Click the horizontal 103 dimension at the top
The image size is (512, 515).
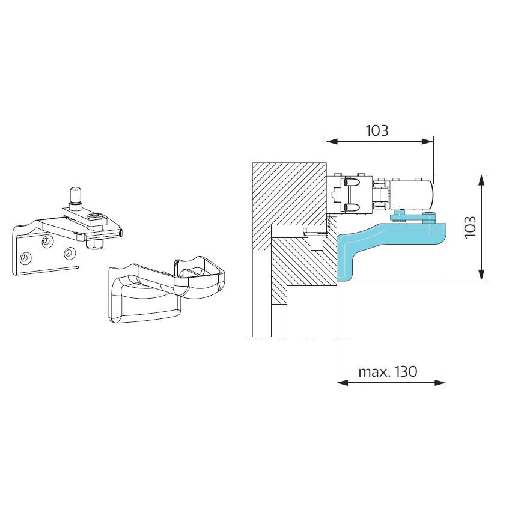pyautogui.click(x=377, y=130)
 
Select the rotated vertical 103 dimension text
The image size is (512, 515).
pyautogui.click(x=471, y=227)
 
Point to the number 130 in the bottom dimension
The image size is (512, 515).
pyautogui.click(x=406, y=371)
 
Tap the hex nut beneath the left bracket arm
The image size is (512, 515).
pyautogui.click(x=94, y=244)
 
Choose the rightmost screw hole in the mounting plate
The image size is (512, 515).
pyautogui.click(x=69, y=253)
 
